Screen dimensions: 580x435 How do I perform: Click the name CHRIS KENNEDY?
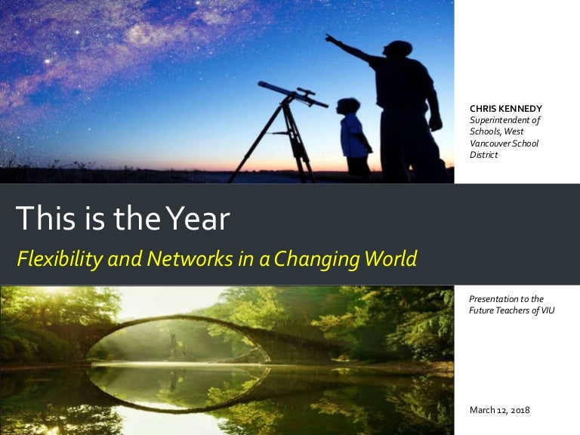point(506,109)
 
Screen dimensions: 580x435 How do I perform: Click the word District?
point(483,155)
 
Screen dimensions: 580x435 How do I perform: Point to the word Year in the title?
point(198,218)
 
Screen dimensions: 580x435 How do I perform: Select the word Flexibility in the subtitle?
point(60,259)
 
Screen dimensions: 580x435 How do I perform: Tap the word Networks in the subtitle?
point(190,258)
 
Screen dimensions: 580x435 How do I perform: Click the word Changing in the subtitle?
point(316,259)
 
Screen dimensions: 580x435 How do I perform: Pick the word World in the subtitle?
point(390,258)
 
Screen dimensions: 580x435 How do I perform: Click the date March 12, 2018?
point(499,410)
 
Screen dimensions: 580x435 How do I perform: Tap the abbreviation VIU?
point(548,310)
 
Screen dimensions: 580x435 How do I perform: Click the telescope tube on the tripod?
point(292,94)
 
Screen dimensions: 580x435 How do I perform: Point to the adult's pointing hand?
point(329,38)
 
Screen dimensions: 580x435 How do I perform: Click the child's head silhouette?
point(348,106)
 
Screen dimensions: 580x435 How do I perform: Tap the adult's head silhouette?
point(398,49)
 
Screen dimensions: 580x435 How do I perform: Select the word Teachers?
point(512,310)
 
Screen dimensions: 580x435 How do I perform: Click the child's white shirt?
point(353,136)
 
